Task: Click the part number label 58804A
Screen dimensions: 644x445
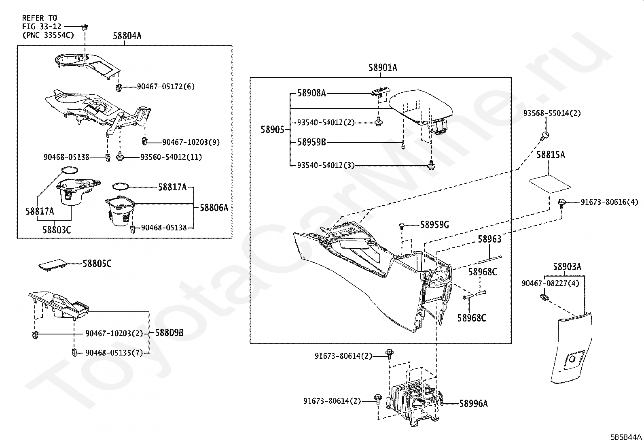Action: (127, 36)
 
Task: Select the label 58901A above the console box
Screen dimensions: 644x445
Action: (383, 68)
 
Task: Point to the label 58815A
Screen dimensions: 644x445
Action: (551, 155)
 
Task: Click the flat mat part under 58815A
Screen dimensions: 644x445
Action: (550, 184)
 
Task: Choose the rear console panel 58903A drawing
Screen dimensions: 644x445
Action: (571, 347)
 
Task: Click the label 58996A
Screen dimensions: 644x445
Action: (474, 404)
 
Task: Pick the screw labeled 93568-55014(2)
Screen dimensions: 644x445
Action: (544, 136)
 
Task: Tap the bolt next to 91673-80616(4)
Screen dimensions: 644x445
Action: (561, 202)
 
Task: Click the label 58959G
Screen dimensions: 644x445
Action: (434, 224)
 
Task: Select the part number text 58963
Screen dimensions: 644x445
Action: (489, 239)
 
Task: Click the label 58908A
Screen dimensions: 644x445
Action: (311, 93)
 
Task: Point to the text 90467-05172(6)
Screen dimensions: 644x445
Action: (166, 86)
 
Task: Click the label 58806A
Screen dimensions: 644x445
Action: (214, 208)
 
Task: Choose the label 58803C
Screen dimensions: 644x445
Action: (57, 230)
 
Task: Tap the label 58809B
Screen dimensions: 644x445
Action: (169, 333)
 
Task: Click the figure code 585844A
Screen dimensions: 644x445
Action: (626, 437)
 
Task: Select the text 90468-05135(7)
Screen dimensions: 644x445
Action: (114, 353)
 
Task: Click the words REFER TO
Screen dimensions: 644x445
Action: (40, 18)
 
